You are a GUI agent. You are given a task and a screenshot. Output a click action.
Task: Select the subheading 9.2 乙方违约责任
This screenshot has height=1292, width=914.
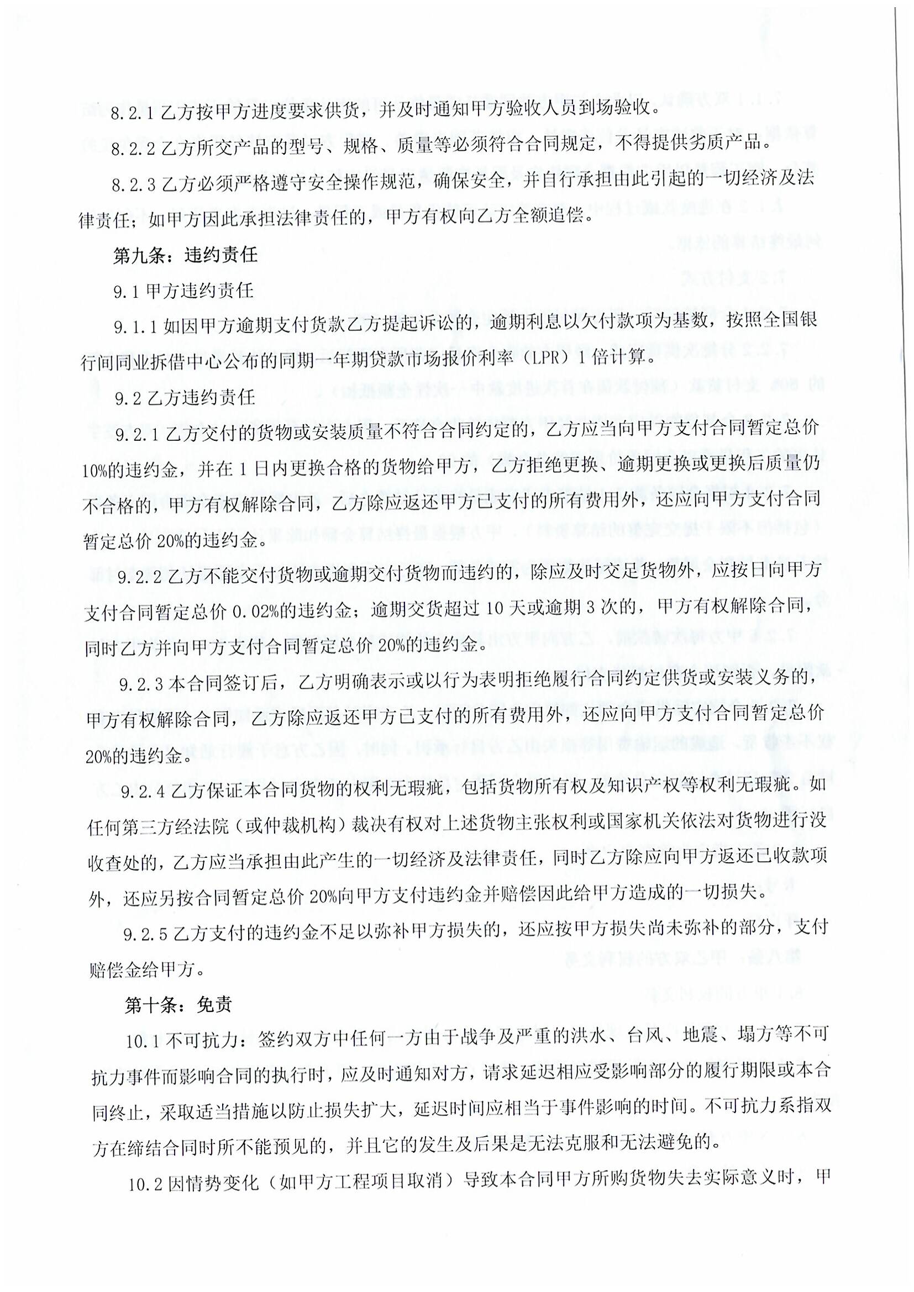[185, 398]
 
